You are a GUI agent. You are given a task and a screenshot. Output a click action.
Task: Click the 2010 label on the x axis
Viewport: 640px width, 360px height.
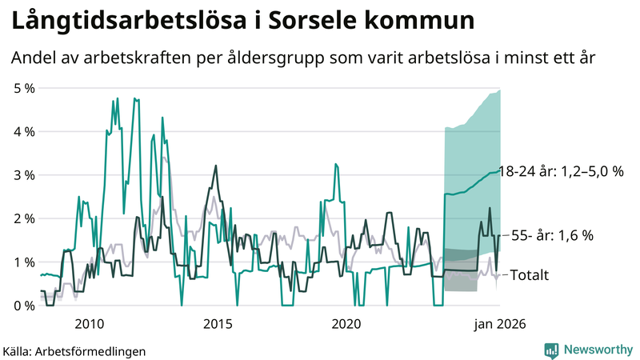coord(89,323)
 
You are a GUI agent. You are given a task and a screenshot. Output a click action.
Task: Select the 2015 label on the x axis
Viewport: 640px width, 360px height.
coord(218,323)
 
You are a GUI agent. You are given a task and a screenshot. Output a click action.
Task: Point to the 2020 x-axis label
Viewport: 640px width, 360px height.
coord(346,323)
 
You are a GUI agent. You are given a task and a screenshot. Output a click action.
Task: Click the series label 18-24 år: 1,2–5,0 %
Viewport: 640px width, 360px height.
coord(561,171)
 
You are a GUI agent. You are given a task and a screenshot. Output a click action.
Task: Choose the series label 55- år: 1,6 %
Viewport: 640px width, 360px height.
coord(553,235)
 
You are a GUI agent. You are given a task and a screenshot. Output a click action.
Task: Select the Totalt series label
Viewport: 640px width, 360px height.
coord(530,275)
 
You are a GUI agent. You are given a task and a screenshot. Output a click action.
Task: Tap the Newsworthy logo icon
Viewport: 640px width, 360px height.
coord(551,350)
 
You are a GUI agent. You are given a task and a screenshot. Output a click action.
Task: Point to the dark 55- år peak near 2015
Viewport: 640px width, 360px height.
coord(215,166)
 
